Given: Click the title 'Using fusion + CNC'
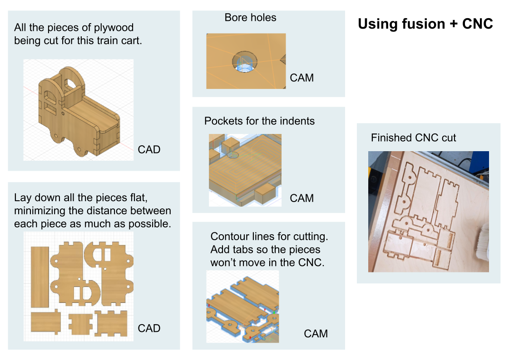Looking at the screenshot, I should click(x=425, y=24).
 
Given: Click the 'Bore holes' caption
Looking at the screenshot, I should click(x=250, y=18).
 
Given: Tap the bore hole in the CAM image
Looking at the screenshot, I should click(x=245, y=62).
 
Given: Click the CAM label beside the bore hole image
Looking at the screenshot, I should click(x=301, y=78).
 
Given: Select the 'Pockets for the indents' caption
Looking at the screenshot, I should click(x=259, y=121).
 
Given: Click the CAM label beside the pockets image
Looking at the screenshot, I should click(x=301, y=198).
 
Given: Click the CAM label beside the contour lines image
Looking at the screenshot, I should click(x=316, y=334).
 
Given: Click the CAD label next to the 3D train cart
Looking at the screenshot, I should click(x=149, y=149).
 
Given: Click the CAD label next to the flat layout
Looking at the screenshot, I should click(x=149, y=328).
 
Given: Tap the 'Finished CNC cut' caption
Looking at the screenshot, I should click(x=413, y=138).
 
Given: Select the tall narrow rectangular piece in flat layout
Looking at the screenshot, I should click(x=40, y=276).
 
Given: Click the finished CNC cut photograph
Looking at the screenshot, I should click(x=428, y=212).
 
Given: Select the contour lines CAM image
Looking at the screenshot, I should click(x=242, y=306).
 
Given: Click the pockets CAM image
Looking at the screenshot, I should click(x=245, y=170).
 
